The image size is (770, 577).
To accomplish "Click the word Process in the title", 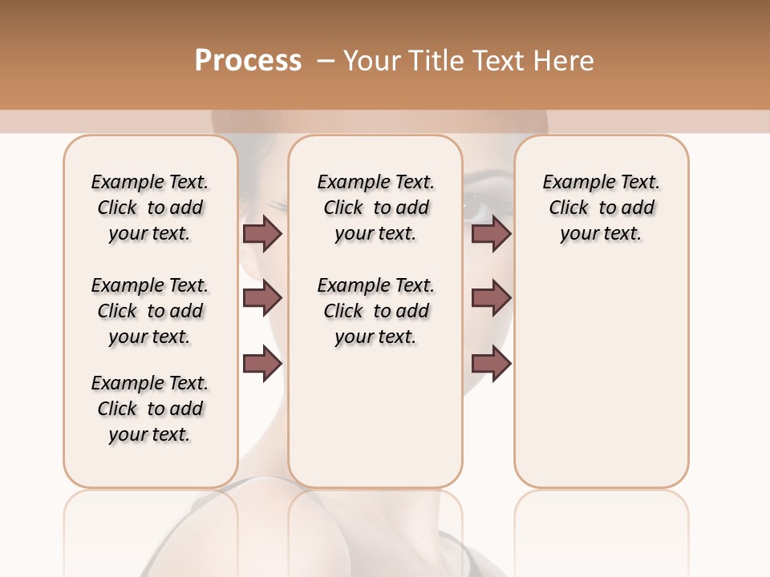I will [248, 61].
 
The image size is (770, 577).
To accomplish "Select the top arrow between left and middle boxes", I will [262, 233].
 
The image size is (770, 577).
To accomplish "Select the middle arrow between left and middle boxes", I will [262, 298].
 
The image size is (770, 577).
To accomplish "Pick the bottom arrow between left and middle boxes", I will [262, 363].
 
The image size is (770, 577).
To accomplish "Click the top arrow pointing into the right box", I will [491, 233].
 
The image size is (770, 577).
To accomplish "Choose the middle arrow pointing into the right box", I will [491, 298].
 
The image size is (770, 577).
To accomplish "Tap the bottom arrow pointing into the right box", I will [491, 363].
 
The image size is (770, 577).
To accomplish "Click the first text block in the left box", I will [150, 208].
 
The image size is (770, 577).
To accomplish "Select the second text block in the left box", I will [150, 311].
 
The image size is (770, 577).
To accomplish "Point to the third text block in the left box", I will [150, 409].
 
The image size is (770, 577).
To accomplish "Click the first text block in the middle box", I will [376, 208].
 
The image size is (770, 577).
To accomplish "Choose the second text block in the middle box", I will [376, 311].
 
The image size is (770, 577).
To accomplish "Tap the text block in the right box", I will [602, 208].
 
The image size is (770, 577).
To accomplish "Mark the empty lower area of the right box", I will [602, 385].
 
